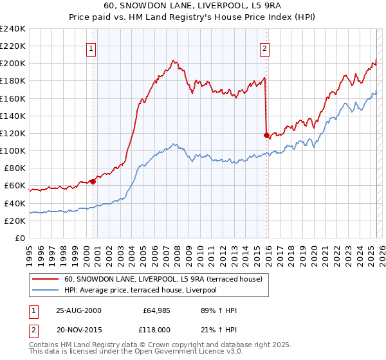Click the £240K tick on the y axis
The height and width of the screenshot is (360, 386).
pos(12,28)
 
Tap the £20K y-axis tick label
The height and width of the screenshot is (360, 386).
pos(14,221)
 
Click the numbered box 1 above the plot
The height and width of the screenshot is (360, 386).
pos(91,48)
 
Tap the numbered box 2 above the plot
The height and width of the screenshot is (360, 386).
pos(265,48)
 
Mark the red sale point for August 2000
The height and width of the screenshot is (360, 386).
pos(93,181)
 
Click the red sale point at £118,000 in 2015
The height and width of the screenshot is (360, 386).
pos(266,135)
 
